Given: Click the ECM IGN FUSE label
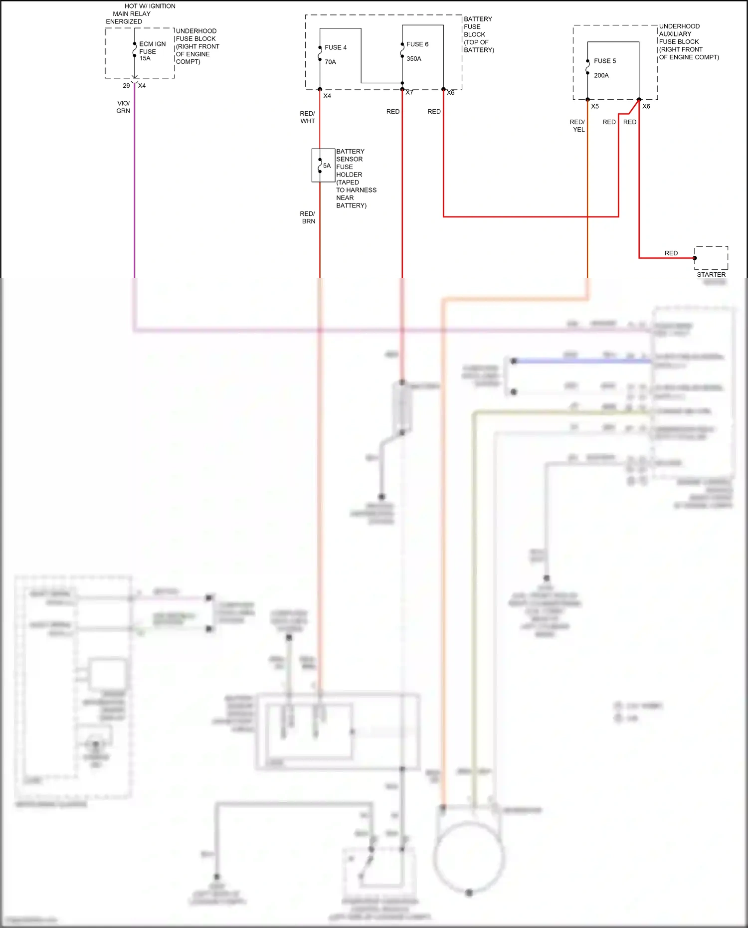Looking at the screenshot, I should click(x=152, y=47).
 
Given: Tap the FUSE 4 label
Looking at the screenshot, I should click(x=335, y=47).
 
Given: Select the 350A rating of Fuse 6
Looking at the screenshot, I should click(x=413, y=59).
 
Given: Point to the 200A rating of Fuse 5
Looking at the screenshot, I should click(x=601, y=75).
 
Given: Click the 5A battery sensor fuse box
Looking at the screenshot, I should click(x=323, y=165).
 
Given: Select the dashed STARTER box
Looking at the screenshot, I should click(x=711, y=258).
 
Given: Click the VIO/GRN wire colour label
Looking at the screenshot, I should click(x=123, y=107).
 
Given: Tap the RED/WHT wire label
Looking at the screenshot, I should click(x=307, y=117).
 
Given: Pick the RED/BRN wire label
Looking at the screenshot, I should click(x=308, y=217).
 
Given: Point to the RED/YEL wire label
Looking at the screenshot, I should click(x=577, y=126).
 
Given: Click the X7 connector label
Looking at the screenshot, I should click(x=409, y=93).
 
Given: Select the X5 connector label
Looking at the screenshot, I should click(x=595, y=106).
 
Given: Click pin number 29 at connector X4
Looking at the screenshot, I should click(x=126, y=86).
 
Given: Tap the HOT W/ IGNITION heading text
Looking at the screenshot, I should click(x=150, y=6).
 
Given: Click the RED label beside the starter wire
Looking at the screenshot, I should click(x=671, y=253).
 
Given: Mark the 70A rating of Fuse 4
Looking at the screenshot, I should click(x=330, y=62).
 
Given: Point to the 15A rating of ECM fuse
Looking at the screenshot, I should click(x=145, y=58).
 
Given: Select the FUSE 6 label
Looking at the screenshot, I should click(x=417, y=44).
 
